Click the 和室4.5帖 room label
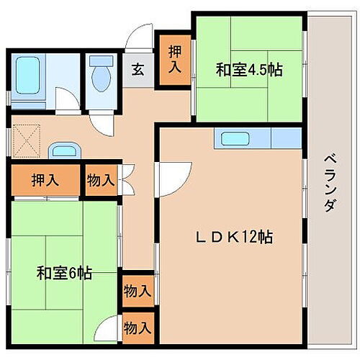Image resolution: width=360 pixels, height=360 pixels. click(x=249, y=70)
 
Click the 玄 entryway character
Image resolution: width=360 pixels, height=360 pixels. click(x=138, y=70)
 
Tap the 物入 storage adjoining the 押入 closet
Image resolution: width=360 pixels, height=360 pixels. click(x=100, y=181)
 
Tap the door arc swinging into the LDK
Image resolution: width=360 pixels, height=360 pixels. click(x=173, y=173)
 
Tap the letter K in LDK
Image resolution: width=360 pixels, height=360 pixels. click(x=226, y=235)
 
